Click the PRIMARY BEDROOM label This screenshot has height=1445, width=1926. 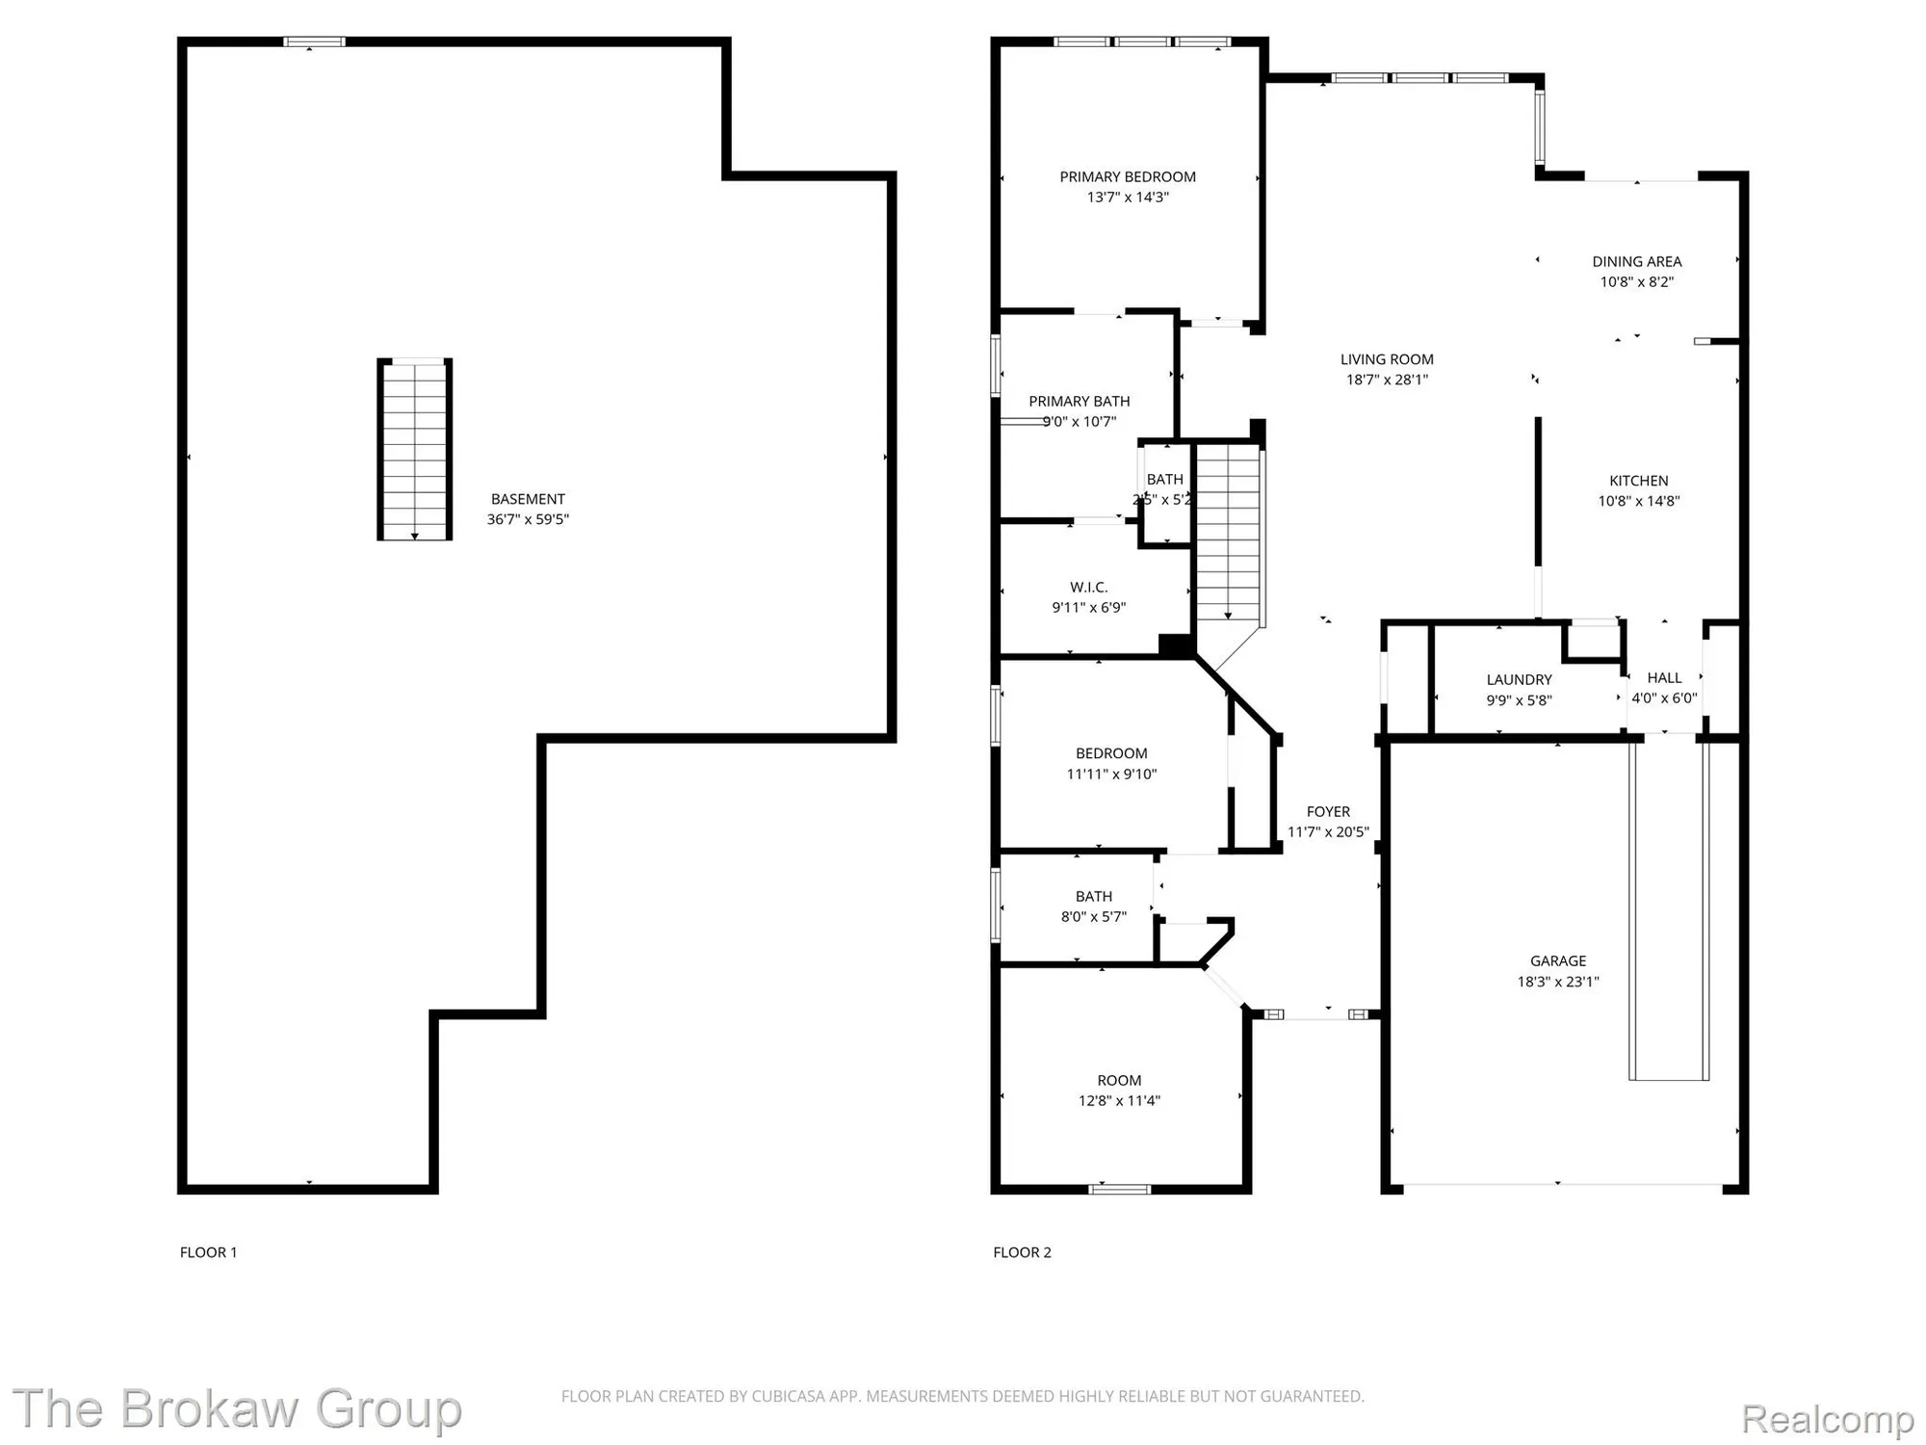pos(1127,176)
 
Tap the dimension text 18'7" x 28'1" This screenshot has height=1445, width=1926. pos(1386,380)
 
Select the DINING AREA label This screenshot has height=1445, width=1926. pos(1636,261)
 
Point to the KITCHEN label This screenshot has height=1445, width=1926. pos(1638,481)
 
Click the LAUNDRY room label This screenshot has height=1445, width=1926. pos(1519,679)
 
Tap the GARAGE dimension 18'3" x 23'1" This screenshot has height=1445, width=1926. pos(1557,982)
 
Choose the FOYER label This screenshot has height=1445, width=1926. pos(1328,811)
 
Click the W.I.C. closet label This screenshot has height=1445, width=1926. pos(1088,587)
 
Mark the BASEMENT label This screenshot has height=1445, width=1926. pos(528,499)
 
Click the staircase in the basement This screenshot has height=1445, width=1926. pos(414,449)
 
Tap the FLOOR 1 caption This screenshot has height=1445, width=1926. pos(208,1252)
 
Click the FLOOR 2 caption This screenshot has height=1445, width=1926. pos(1022,1252)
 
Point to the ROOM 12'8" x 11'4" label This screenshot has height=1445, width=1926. pos(1118,1081)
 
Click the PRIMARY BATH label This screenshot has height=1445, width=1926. pos(1079,401)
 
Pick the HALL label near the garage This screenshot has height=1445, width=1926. pos(1663,677)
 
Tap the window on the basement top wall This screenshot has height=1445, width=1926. pos(314,41)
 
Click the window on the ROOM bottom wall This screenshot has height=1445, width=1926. pos(1119,1189)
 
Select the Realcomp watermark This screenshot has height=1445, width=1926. pos(1827,1419)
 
